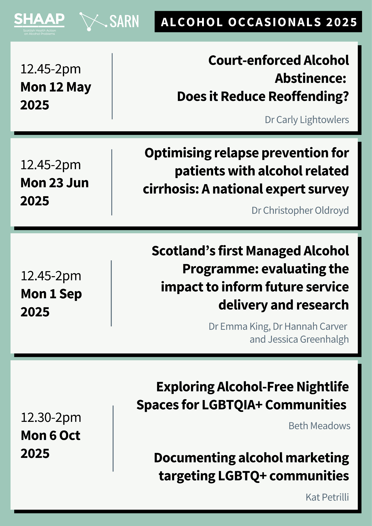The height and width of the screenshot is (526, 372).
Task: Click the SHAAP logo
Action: coord(39,24)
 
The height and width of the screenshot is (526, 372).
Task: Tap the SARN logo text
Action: coord(124,22)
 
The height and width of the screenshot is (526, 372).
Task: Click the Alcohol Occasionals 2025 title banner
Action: coord(258,22)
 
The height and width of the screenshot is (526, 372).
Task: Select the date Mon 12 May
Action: coord(56,87)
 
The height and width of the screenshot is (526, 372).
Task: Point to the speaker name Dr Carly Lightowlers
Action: coord(307,120)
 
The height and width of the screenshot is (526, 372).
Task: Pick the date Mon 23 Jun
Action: coord(55,183)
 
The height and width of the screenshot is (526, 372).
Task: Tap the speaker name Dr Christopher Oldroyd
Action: coord(300,210)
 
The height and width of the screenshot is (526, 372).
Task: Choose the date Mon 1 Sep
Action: coord(51,294)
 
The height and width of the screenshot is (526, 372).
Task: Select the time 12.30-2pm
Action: coord(51,417)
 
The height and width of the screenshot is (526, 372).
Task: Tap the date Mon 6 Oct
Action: coord(51,436)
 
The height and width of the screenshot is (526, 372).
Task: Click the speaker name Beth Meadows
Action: coord(319,426)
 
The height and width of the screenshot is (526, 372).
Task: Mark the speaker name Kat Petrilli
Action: coord(327,497)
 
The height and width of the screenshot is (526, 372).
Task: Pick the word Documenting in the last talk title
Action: coord(195,458)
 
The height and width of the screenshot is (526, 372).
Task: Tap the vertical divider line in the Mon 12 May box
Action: coord(112,86)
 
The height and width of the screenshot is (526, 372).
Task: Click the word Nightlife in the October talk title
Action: coord(323,387)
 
